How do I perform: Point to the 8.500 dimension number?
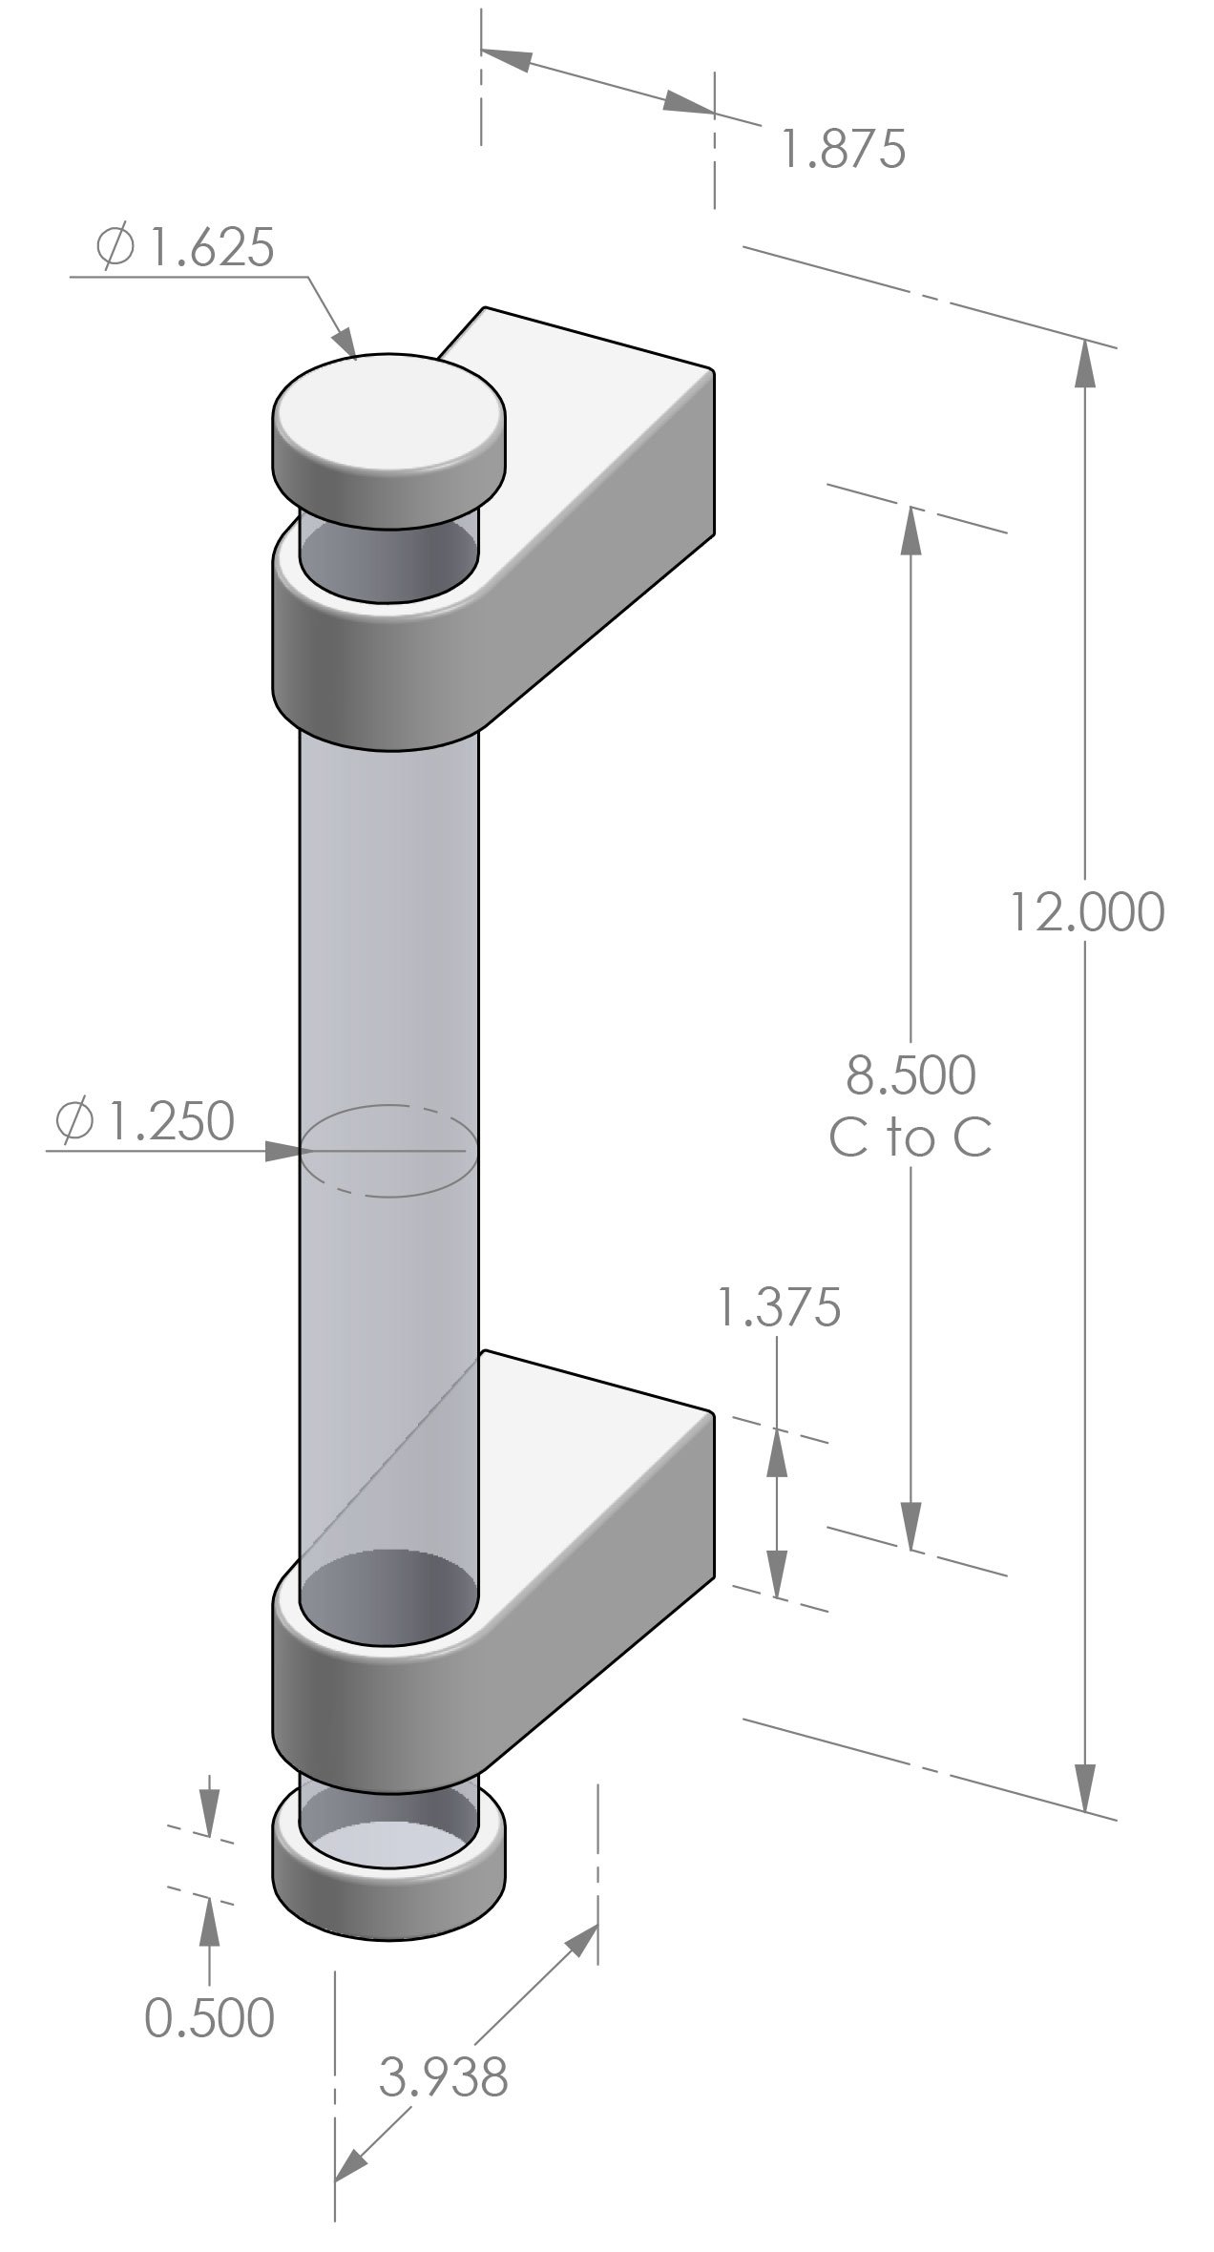pyautogui.click(x=910, y=1074)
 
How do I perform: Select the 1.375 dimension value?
pyautogui.click(x=779, y=1307)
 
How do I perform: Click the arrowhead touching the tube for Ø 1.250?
pyautogui.click(x=283, y=1151)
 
